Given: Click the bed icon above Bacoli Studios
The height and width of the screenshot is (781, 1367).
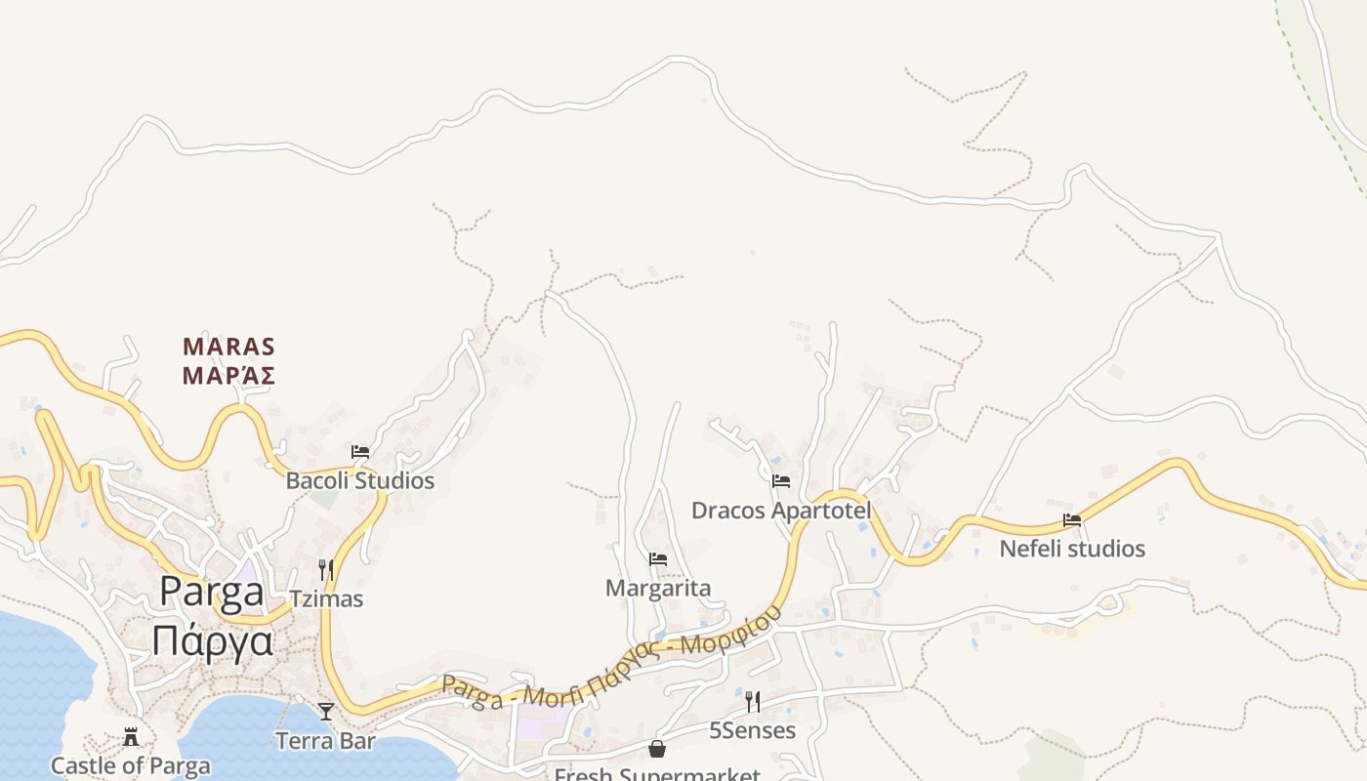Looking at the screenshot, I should pos(360,452).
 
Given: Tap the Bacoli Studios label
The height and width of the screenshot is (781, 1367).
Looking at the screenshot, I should pos(359,481).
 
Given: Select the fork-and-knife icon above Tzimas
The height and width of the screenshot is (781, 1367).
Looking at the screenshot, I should pos(326,569).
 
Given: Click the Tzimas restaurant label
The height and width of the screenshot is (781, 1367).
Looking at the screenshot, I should pos(326,598).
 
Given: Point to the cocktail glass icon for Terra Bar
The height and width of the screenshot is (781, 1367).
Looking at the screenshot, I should pos(326,712).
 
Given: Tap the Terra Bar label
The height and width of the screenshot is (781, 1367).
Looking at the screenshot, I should pos(325,741).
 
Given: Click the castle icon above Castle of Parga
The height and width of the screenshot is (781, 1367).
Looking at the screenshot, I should pos(131,737).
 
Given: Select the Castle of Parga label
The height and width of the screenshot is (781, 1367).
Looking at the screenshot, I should pos(130,765).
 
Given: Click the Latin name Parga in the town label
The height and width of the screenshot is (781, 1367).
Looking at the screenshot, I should pos(211,593).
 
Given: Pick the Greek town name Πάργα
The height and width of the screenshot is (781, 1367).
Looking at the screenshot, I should pos(212,641).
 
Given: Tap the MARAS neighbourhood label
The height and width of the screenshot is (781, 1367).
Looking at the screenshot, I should pos(228,347).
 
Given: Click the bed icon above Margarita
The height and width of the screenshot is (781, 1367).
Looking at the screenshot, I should pos(658,559).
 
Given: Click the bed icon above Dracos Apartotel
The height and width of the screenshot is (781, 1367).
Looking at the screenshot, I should pos(781,481).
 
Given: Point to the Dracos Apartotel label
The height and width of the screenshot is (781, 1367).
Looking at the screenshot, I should pos(781,511).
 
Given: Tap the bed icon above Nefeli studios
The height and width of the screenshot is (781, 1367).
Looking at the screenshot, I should pos(1072,520).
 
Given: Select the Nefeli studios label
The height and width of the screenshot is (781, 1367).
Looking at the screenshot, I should pos(1072,550).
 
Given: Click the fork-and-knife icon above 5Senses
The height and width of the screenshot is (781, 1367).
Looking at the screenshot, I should pos(752,701).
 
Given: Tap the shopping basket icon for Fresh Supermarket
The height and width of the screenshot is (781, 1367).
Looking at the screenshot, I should pos(657,749).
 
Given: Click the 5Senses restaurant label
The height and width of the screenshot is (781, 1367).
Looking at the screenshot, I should pos(752,730).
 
